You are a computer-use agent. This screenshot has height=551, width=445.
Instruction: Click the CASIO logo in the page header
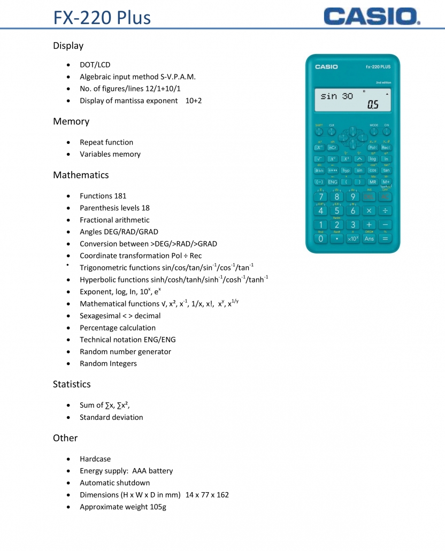372,16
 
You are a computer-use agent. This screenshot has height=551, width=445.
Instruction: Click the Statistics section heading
72,384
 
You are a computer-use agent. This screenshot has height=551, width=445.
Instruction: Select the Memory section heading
71,121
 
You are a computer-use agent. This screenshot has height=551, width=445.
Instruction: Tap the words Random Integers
108,364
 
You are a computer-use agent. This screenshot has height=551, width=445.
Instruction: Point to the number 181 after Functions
120,196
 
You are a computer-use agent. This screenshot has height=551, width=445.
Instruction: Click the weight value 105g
155,507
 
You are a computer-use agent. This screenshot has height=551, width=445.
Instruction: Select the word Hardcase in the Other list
95,459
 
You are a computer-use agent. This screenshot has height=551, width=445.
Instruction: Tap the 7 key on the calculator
320,197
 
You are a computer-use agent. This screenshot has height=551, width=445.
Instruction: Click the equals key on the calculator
385,239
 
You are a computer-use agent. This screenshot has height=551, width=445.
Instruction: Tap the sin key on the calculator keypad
359,171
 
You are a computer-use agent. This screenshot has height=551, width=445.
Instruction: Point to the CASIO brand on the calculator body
326,67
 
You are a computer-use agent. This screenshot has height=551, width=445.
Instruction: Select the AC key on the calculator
385,197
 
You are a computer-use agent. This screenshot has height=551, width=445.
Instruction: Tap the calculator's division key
385,211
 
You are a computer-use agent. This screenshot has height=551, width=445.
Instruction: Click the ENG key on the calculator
333,182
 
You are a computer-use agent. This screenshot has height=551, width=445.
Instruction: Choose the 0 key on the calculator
320,239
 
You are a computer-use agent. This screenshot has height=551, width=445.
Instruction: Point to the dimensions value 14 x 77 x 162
207,495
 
